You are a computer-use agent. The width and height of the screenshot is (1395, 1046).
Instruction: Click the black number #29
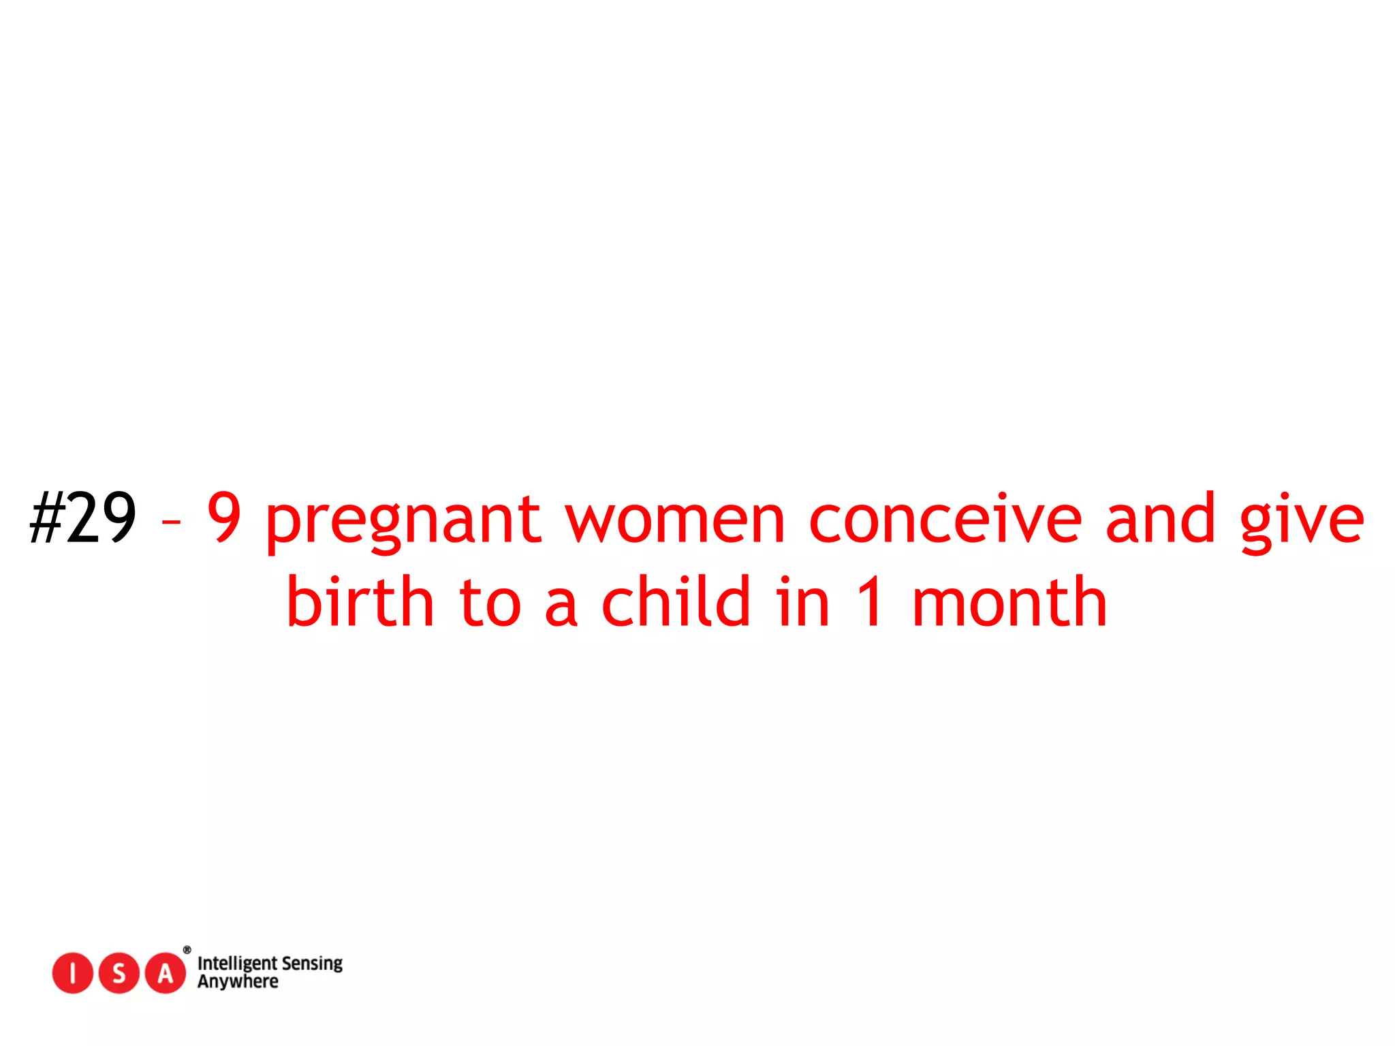click(83, 519)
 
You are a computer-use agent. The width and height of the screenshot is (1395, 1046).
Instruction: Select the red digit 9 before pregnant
click(224, 518)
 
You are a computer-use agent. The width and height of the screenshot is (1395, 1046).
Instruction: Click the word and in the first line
click(1160, 519)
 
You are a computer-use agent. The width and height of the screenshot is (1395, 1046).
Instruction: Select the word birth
click(360, 602)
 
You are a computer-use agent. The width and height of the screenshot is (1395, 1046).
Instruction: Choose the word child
click(676, 602)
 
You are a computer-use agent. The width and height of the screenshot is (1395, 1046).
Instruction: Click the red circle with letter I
click(72, 973)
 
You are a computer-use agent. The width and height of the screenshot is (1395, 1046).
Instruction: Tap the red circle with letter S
click(119, 973)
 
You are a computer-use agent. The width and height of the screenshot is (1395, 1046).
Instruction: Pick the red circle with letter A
click(166, 973)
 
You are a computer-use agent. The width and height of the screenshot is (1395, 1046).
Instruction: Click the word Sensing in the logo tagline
click(312, 964)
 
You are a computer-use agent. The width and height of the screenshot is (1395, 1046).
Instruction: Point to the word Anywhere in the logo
click(238, 982)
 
